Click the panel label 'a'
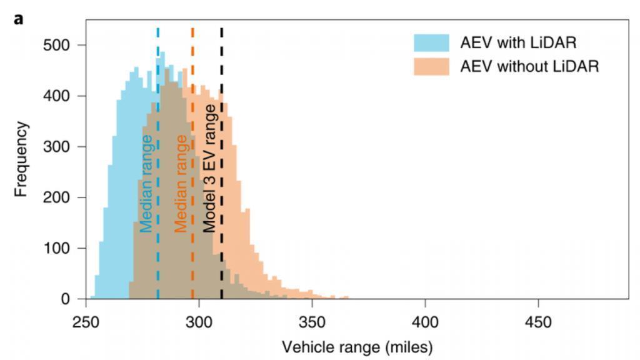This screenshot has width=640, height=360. pos(19,19)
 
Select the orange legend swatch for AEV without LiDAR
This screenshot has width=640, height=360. pos(431,66)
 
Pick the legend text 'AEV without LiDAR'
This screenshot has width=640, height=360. pos(529,66)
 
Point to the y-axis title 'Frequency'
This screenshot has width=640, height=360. pos(22,159)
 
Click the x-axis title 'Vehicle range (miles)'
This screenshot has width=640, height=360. pos(357,346)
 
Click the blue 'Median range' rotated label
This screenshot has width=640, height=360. pos(146,183)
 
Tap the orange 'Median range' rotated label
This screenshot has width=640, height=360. pos(181,183)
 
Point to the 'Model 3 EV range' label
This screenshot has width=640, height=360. pos(210,169)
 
